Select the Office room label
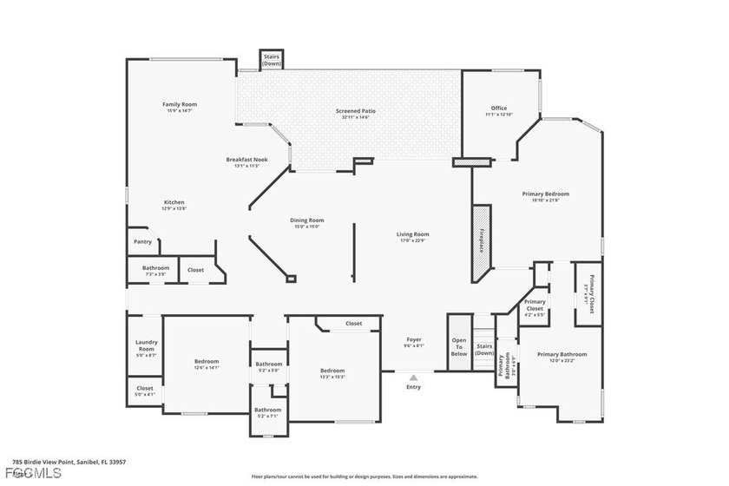[498, 111]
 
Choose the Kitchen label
[174, 205]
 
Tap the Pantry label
[142, 242]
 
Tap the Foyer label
[414, 342]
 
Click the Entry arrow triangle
[414, 378]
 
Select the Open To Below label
[459, 347]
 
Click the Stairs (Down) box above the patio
[272, 60]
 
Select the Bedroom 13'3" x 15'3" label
[332, 373]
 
